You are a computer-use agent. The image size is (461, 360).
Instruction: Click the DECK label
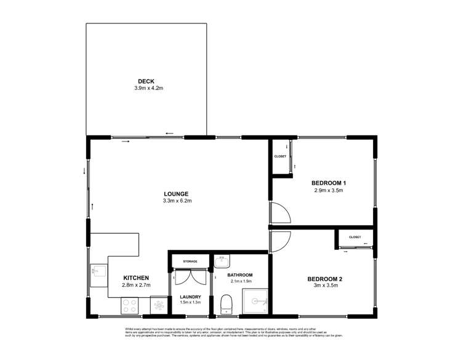point(146,81)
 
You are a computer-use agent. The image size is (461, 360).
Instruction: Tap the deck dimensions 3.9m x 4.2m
point(148,89)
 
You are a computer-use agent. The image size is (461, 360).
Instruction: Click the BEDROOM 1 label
point(329,183)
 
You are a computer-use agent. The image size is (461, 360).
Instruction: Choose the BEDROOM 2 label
point(324,279)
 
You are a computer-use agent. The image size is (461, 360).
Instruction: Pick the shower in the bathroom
point(255,302)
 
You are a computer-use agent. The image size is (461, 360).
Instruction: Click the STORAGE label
point(190,262)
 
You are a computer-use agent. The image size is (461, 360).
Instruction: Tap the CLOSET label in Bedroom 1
point(281,157)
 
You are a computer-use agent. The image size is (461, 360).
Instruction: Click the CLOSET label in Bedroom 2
point(355,237)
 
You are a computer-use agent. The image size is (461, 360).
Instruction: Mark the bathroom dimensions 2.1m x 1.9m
point(241,281)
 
